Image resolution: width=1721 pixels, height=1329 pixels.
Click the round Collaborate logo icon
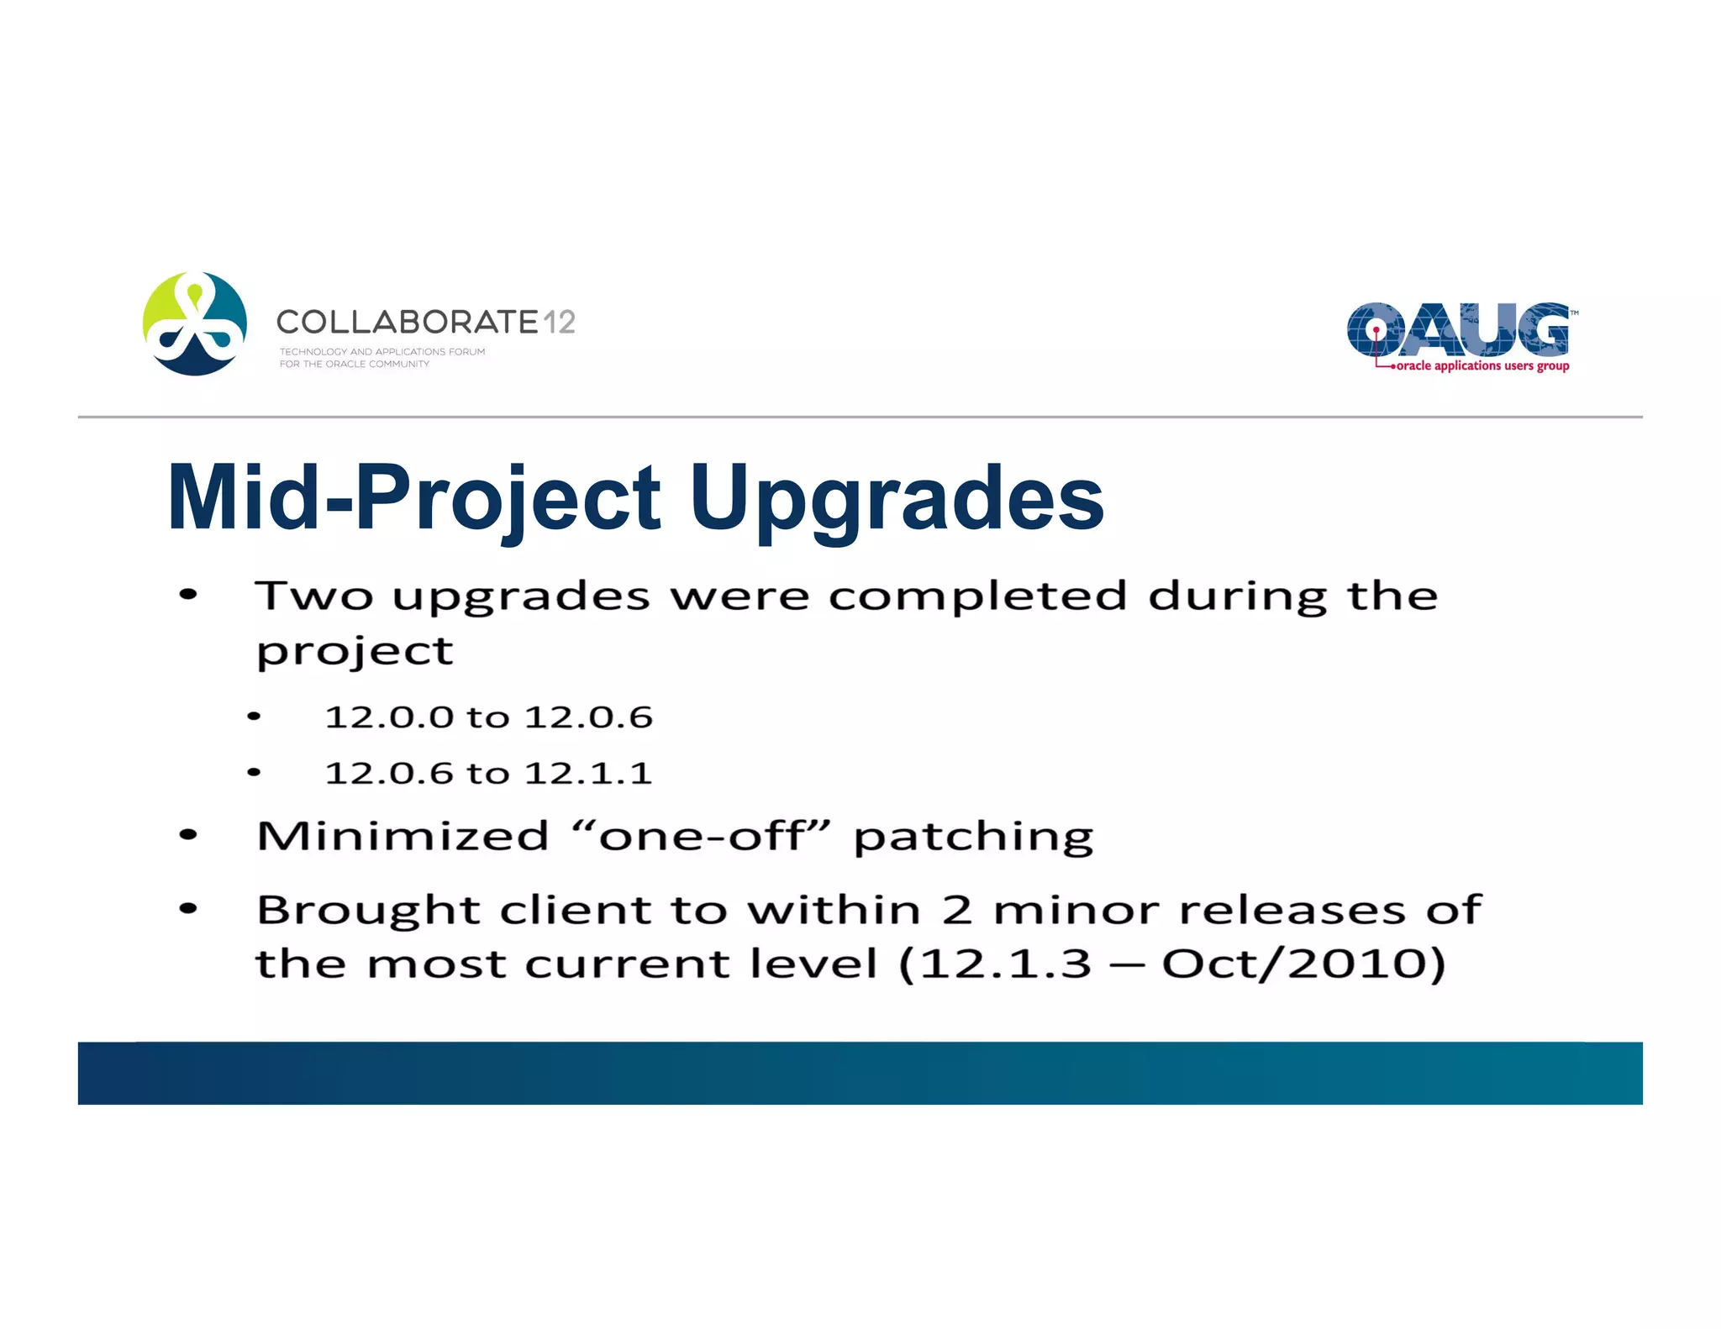[x=195, y=323]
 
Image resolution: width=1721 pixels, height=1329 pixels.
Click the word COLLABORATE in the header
[x=407, y=322]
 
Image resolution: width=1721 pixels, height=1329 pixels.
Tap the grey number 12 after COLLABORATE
[x=559, y=322]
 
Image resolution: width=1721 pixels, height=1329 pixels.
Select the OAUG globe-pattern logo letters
[x=1458, y=329]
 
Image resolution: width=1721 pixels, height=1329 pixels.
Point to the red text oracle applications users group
[x=1482, y=366]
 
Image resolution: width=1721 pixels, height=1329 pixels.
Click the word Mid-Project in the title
[x=414, y=500]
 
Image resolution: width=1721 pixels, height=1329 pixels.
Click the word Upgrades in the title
[x=897, y=500]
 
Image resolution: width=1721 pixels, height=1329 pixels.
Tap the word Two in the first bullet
[x=314, y=596]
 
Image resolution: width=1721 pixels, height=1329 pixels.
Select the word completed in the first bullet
[x=977, y=597]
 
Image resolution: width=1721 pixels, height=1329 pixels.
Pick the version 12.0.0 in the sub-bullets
[x=389, y=717]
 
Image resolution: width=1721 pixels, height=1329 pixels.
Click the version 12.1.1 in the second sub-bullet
[x=588, y=773]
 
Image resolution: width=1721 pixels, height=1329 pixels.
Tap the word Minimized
[x=403, y=836]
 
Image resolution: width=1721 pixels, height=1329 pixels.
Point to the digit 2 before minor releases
[x=957, y=910]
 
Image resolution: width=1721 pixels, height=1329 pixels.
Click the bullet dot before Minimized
[x=188, y=836]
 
